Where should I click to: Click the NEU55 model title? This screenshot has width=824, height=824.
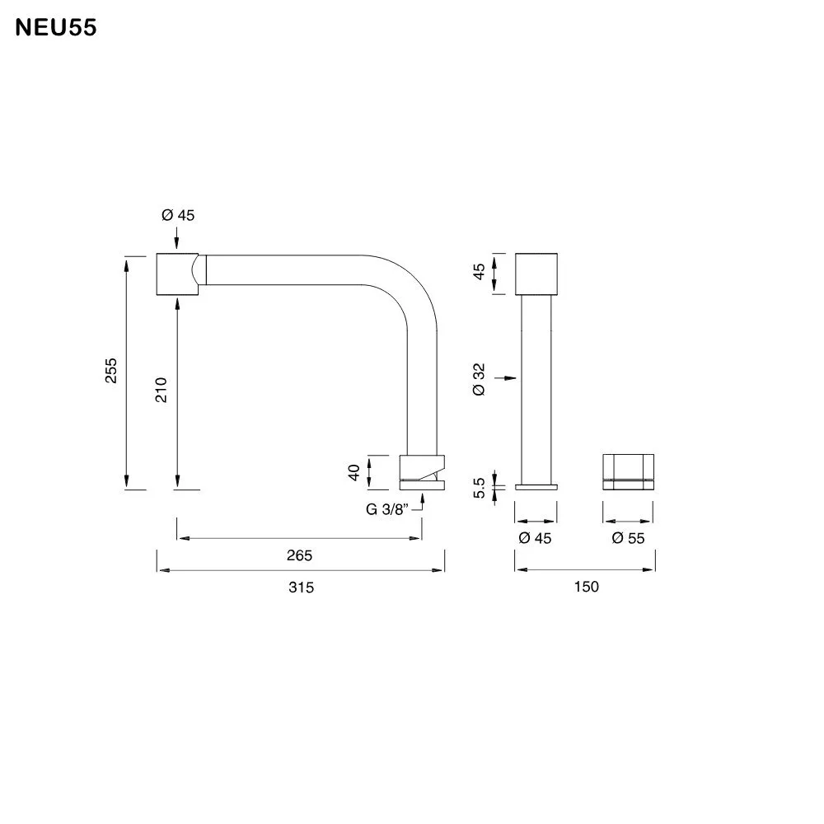[x=57, y=28]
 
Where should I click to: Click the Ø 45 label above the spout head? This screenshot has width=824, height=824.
[x=178, y=216]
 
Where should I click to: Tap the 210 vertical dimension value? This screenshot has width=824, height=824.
[x=162, y=389]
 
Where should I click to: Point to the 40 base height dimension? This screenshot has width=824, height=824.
[x=353, y=472]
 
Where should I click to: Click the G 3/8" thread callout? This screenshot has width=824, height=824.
[x=388, y=509]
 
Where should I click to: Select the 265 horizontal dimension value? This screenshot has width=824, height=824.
[x=299, y=555]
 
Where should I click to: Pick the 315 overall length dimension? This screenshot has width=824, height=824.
[x=302, y=588]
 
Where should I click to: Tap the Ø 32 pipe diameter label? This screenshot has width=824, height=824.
[x=479, y=378]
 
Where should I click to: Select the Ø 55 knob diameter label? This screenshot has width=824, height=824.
[x=628, y=539]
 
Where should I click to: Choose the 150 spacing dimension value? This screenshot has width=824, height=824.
[x=586, y=588]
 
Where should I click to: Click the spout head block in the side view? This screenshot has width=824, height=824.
[x=177, y=272]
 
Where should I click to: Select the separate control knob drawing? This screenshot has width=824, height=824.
[x=629, y=472]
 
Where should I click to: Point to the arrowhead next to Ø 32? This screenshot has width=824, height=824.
[x=511, y=378]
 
